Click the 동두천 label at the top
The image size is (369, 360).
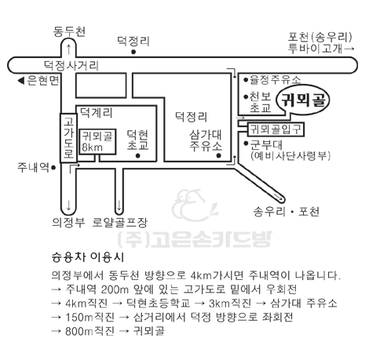69,31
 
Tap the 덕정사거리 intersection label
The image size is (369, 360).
71,65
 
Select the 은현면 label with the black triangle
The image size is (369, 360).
38,81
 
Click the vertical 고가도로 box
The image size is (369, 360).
68,138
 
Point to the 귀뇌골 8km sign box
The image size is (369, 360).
97,141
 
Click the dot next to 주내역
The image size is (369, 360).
53,167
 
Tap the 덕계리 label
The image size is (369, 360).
96,113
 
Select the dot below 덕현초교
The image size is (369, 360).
138,156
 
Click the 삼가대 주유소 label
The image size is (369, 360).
206,141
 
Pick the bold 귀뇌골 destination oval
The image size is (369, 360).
303,100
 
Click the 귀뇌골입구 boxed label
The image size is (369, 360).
276,129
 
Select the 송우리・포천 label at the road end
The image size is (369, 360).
286,211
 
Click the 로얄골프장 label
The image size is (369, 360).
120,223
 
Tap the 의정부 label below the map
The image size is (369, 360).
68,223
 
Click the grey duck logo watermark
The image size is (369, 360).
195,205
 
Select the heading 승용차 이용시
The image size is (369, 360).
88,257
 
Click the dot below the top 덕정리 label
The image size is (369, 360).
133,52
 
